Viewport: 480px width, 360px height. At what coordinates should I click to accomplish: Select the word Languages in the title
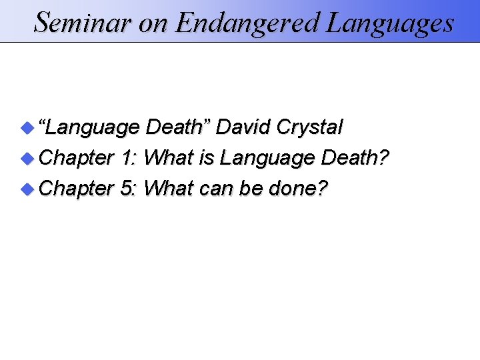(390, 23)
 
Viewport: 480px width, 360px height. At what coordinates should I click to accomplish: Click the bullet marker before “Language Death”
(26, 126)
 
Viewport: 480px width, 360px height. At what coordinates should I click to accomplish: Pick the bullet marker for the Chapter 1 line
(26, 157)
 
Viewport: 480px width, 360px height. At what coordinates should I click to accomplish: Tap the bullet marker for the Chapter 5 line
(26, 189)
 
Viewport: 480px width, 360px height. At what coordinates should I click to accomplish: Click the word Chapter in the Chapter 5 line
(77, 189)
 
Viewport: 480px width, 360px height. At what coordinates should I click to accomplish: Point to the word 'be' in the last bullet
(251, 189)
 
